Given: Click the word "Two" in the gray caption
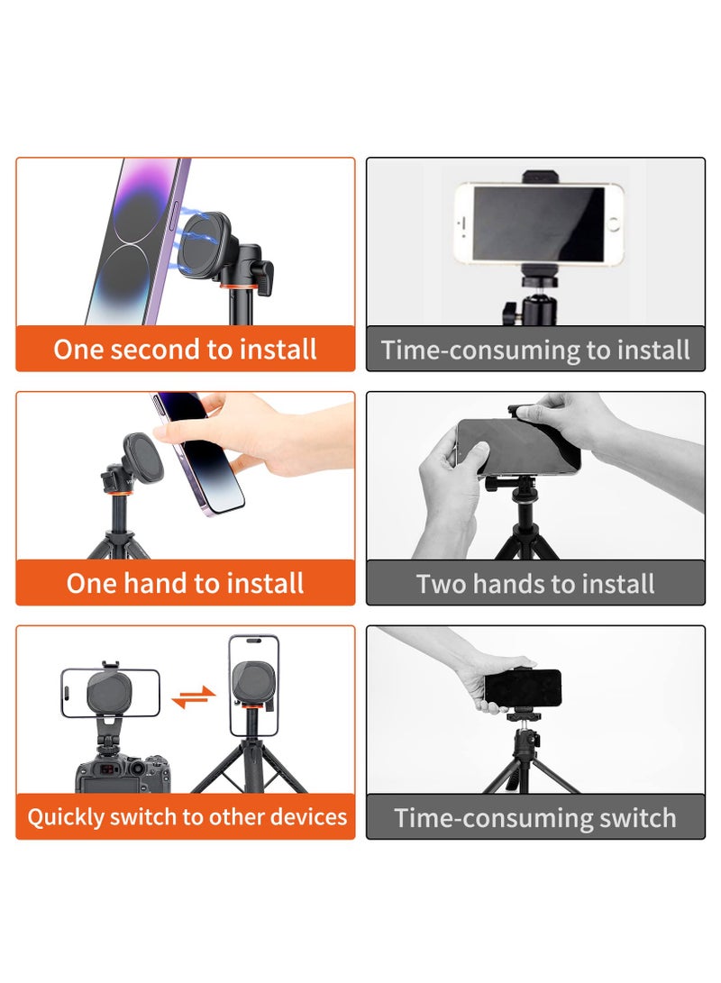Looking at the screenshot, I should click(439, 584).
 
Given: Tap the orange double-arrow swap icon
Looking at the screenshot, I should click(195, 696).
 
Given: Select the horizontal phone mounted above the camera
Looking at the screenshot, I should click(110, 693).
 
